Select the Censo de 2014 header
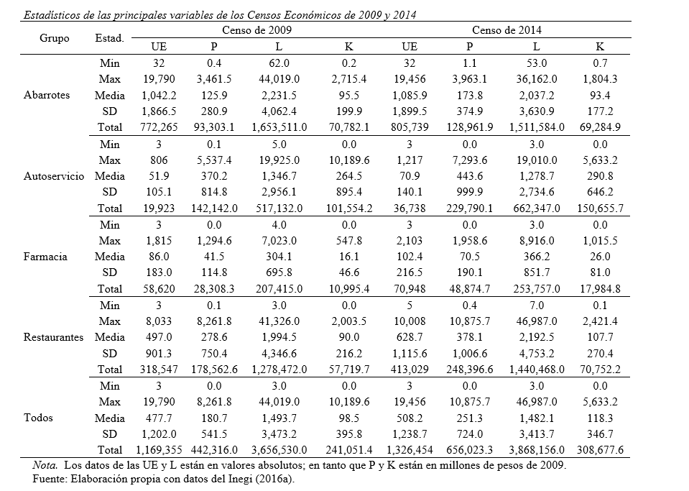click(x=507, y=30)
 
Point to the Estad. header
click(x=109, y=38)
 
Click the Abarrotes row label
click(x=47, y=95)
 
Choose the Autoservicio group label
click(x=54, y=175)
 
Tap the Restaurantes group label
click(x=54, y=336)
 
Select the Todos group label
click(x=38, y=417)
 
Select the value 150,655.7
click(x=596, y=208)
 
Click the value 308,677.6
click(x=596, y=449)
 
